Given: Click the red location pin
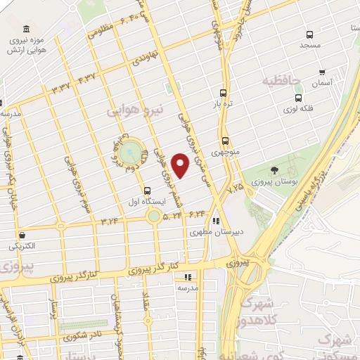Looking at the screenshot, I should tap(181, 165).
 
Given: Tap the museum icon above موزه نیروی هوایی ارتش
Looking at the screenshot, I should tap(27, 29).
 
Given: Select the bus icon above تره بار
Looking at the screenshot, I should tap(224, 93).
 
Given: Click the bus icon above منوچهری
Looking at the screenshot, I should tap(225, 140).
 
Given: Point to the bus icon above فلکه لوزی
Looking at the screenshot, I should tap(299, 98).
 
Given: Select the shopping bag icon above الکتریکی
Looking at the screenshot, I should tap(24, 235).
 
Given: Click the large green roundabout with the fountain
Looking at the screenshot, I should tap(129, 152).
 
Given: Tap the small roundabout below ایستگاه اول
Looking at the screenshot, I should tap(154, 217).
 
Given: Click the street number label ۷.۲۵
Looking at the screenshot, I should tap(235, 188).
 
